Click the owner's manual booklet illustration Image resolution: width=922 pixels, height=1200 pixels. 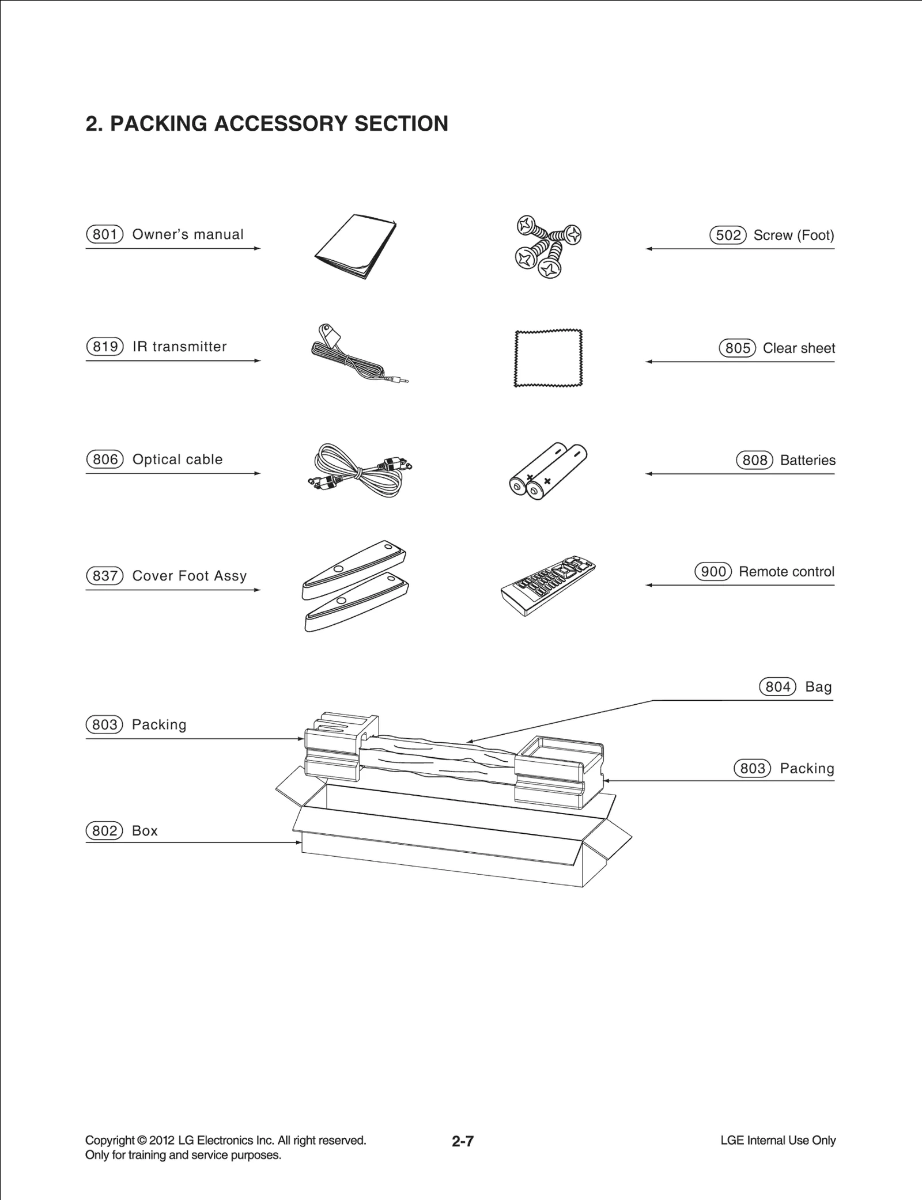tap(356, 246)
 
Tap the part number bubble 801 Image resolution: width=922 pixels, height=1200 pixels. tap(105, 234)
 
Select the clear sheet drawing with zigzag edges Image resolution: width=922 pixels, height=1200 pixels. tap(548, 358)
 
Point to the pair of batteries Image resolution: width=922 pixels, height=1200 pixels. tap(548, 470)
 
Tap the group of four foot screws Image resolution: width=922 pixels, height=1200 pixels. tap(547, 246)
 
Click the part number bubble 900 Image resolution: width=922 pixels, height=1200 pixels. tap(713, 572)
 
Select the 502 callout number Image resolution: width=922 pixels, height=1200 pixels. tap(728, 235)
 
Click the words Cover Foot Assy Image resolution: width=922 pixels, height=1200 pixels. tap(190, 576)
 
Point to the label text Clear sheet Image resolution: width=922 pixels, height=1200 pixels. tap(799, 348)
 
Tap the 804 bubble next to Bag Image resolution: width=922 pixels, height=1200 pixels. tap(777, 687)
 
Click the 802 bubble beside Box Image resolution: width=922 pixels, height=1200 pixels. tap(104, 830)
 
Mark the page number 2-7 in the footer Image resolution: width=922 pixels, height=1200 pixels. tap(463, 1141)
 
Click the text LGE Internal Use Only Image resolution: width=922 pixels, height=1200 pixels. tap(778, 1140)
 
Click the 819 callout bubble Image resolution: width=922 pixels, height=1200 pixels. tap(105, 347)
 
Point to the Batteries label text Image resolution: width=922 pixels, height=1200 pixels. tap(807, 460)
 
